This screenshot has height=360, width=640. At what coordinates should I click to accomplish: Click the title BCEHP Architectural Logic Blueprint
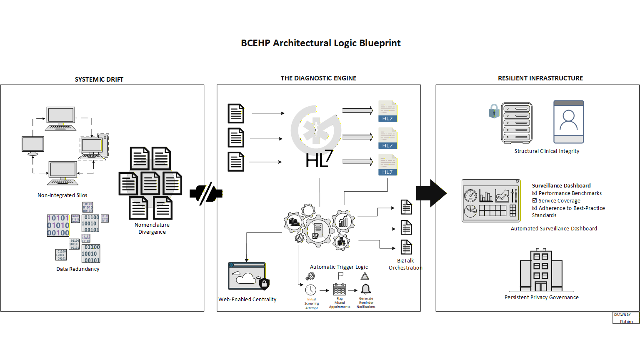(320, 43)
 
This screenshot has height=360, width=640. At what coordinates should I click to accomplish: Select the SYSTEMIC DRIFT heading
(99, 79)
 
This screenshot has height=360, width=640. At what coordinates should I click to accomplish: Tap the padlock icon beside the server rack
(494, 111)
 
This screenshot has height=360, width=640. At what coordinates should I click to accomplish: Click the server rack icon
(517, 123)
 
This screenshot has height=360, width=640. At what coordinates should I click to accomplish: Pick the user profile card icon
(568, 122)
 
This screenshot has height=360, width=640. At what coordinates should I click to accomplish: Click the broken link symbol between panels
(206, 194)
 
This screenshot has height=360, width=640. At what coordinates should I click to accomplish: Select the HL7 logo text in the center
(319, 160)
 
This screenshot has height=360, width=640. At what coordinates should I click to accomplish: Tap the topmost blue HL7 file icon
(387, 111)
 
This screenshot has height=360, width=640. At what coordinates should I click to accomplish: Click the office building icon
(541, 271)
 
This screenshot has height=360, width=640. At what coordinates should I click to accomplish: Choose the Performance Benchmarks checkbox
(535, 193)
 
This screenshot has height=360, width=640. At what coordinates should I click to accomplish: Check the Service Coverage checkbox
(535, 200)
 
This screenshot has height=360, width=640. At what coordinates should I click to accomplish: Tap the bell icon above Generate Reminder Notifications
(366, 289)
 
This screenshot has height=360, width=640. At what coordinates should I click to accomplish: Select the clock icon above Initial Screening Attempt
(311, 290)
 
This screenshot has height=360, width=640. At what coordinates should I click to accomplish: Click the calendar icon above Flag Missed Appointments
(339, 289)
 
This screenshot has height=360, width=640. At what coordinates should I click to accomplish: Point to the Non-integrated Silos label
(62, 195)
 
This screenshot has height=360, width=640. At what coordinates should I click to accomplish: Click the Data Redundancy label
(78, 269)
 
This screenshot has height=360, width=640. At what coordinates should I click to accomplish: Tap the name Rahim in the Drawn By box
(626, 321)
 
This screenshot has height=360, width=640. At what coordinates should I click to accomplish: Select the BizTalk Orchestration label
(405, 264)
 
